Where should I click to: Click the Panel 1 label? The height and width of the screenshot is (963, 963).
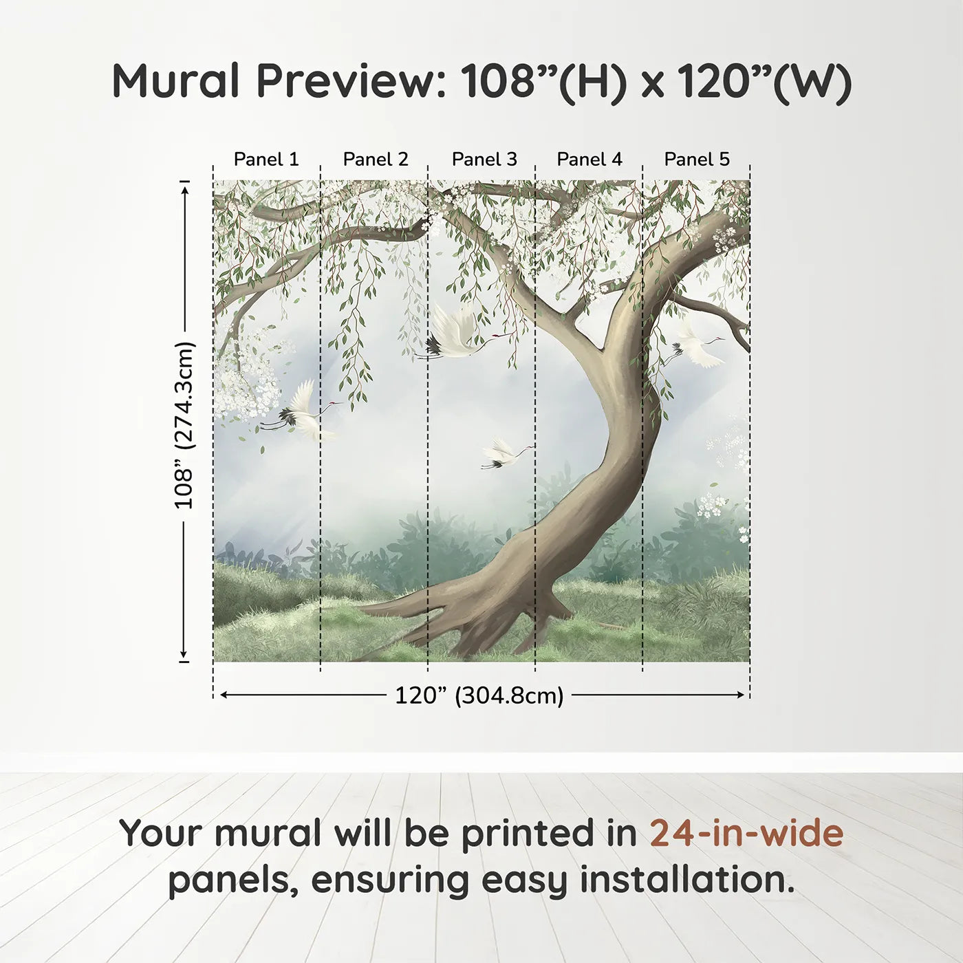(x=266, y=160)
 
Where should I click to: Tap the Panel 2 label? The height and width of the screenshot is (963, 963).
(x=376, y=160)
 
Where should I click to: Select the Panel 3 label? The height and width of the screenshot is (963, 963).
(x=484, y=160)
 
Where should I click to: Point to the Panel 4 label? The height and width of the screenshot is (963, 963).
(x=589, y=160)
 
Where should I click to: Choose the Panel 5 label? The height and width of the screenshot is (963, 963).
(x=697, y=160)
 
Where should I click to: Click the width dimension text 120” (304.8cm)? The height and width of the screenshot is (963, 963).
(x=479, y=696)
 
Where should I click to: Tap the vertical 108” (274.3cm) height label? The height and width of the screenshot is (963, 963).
(x=184, y=425)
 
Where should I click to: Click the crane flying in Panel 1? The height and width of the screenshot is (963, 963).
(x=301, y=413)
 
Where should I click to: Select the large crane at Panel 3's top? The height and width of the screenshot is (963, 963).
(x=454, y=334)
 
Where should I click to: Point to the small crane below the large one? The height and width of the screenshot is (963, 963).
(x=504, y=454)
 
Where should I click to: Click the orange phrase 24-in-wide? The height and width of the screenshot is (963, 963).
(x=746, y=833)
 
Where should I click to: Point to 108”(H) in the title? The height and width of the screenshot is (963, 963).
(x=544, y=81)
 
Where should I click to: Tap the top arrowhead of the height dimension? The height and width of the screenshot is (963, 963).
(x=184, y=188)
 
